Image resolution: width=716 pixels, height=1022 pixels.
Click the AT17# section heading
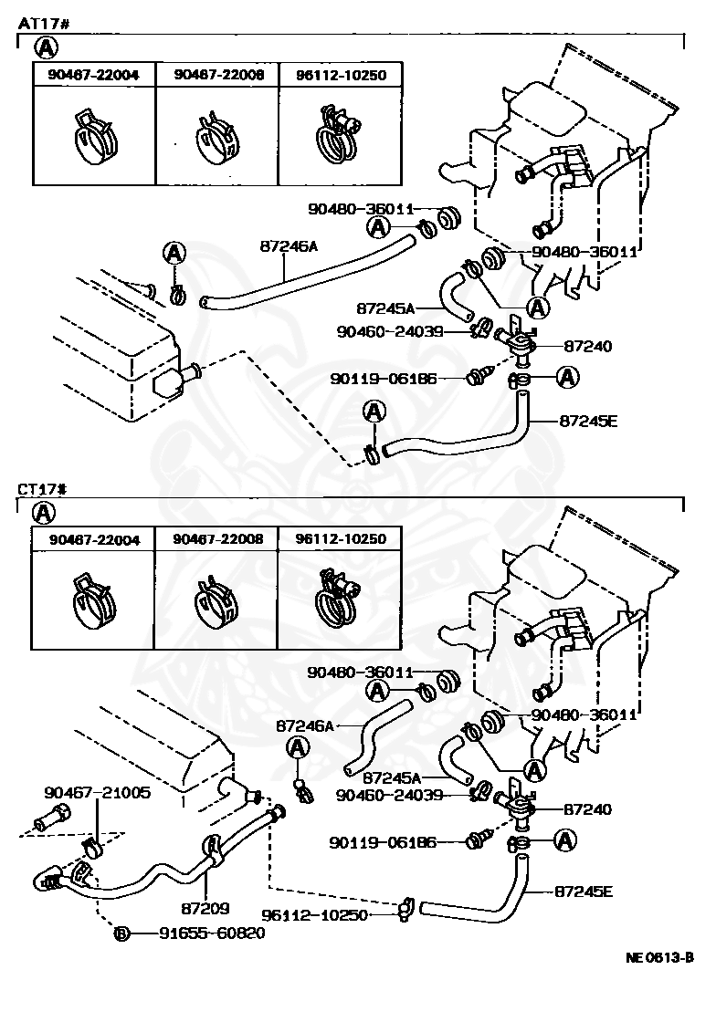click(43, 24)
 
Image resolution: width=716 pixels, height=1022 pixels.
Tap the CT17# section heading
click(42, 489)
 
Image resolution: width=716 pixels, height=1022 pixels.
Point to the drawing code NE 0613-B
click(659, 957)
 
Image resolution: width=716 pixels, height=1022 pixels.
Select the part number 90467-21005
click(97, 793)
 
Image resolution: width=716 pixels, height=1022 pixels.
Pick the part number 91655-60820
click(212, 933)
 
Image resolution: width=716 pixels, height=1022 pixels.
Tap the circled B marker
click(121, 934)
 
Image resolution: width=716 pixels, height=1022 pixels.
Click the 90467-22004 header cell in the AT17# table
click(94, 75)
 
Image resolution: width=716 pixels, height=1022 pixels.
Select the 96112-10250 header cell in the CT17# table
click(340, 539)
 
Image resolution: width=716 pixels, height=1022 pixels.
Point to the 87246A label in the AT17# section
click(289, 246)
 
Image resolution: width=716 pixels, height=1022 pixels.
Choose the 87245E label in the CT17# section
click(584, 891)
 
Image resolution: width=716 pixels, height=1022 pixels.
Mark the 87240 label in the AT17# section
click(587, 346)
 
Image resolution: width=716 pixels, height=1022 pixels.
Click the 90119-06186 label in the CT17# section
click(382, 843)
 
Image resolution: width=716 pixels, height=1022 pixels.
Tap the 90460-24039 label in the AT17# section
click(390, 332)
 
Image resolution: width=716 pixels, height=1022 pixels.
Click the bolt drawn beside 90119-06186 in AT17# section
click(477, 378)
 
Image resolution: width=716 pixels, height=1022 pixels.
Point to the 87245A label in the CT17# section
click(392, 777)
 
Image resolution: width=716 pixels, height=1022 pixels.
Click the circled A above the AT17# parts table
click(46, 47)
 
